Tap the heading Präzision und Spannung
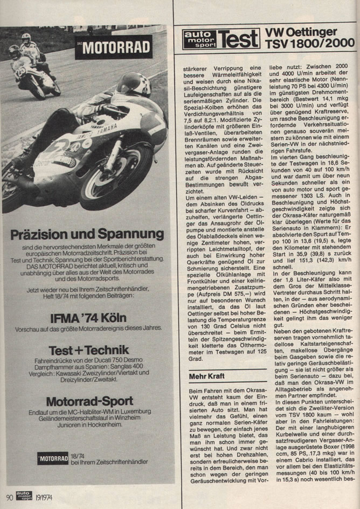[x=87, y=234]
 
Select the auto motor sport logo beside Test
[x=199, y=39]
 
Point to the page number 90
[x=9, y=497]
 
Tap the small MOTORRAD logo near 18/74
[x=53, y=458]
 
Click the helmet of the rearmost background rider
[x=26, y=39]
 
